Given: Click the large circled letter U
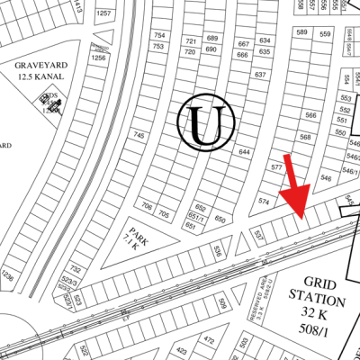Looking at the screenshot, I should [x=207, y=122].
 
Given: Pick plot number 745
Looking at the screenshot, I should [x=139, y=135].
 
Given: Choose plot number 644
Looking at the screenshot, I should [x=244, y=152].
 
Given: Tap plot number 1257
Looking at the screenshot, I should [x=105, y=14].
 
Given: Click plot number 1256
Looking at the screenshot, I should [x=99, y=58].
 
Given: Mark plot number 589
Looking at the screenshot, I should [x=301, y=33].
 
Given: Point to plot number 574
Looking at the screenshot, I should [x=264, y=201].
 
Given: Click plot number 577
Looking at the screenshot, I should [x=276, y=167].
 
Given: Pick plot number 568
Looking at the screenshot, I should [x=305, y=137].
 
